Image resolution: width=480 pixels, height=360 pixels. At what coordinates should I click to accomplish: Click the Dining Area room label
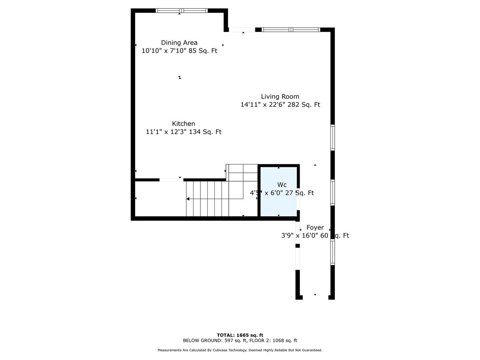179,42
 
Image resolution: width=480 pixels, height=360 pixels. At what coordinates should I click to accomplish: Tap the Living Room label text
280,96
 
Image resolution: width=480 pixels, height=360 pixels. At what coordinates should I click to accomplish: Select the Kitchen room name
184,124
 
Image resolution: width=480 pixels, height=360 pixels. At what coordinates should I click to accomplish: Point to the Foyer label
315,228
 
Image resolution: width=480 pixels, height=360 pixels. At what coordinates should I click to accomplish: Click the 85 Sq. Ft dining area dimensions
179,51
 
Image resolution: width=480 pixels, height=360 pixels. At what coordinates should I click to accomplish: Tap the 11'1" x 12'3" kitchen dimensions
184,132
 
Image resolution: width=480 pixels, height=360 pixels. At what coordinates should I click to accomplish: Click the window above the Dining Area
181,10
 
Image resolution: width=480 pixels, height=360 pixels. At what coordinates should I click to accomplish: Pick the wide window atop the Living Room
291,30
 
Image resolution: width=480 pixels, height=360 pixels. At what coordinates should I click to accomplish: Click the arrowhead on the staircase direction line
188,199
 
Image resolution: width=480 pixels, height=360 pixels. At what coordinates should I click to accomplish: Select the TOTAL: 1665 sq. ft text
240,335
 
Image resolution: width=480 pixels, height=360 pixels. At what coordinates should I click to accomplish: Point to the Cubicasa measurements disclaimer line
240,350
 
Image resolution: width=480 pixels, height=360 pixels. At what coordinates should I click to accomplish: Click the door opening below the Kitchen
171,180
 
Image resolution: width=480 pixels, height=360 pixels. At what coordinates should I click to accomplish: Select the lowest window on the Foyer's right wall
332,252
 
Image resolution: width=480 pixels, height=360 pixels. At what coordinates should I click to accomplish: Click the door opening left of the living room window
242,30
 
